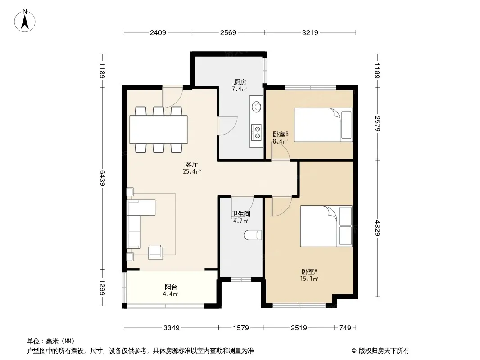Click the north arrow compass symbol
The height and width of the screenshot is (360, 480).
pos(25,20)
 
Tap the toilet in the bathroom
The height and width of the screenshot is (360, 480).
pos(253,235)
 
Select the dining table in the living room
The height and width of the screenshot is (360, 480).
pos(158,130)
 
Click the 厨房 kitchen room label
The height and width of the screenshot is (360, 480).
pos(240,82)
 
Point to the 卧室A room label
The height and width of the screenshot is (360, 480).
pos(309,271)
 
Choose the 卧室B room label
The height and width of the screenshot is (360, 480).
pos(281,134)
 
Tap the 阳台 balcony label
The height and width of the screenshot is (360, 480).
pos(171,287)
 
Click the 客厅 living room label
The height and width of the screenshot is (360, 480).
pos(192,165)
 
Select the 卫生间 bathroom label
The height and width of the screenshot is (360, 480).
pos(240,214)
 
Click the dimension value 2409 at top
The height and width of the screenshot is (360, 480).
pos(158,32)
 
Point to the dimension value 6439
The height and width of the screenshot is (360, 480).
pos(103,178)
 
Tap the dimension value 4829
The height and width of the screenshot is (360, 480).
pos(377,228)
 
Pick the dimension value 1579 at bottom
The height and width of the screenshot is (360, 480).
pos(241,328)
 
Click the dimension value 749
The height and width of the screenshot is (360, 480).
pos(345,328)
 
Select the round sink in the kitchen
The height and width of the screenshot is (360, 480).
pos(257,107)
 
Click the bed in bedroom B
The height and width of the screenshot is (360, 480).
pos(324,125)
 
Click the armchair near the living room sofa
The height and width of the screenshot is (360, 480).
pos(155,252)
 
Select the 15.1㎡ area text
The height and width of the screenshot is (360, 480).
pos(309,279)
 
